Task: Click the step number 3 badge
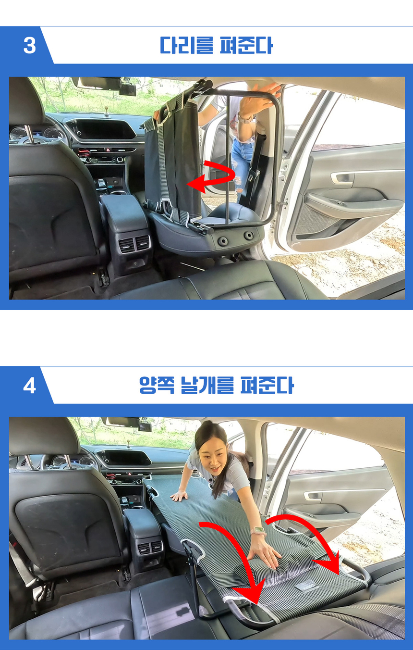[29, 46]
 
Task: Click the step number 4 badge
[29, 386]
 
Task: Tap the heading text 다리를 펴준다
[216, 46]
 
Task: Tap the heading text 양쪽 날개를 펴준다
[216, 386]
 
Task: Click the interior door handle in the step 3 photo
[341, 178]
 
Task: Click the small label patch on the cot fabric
[305, 584]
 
